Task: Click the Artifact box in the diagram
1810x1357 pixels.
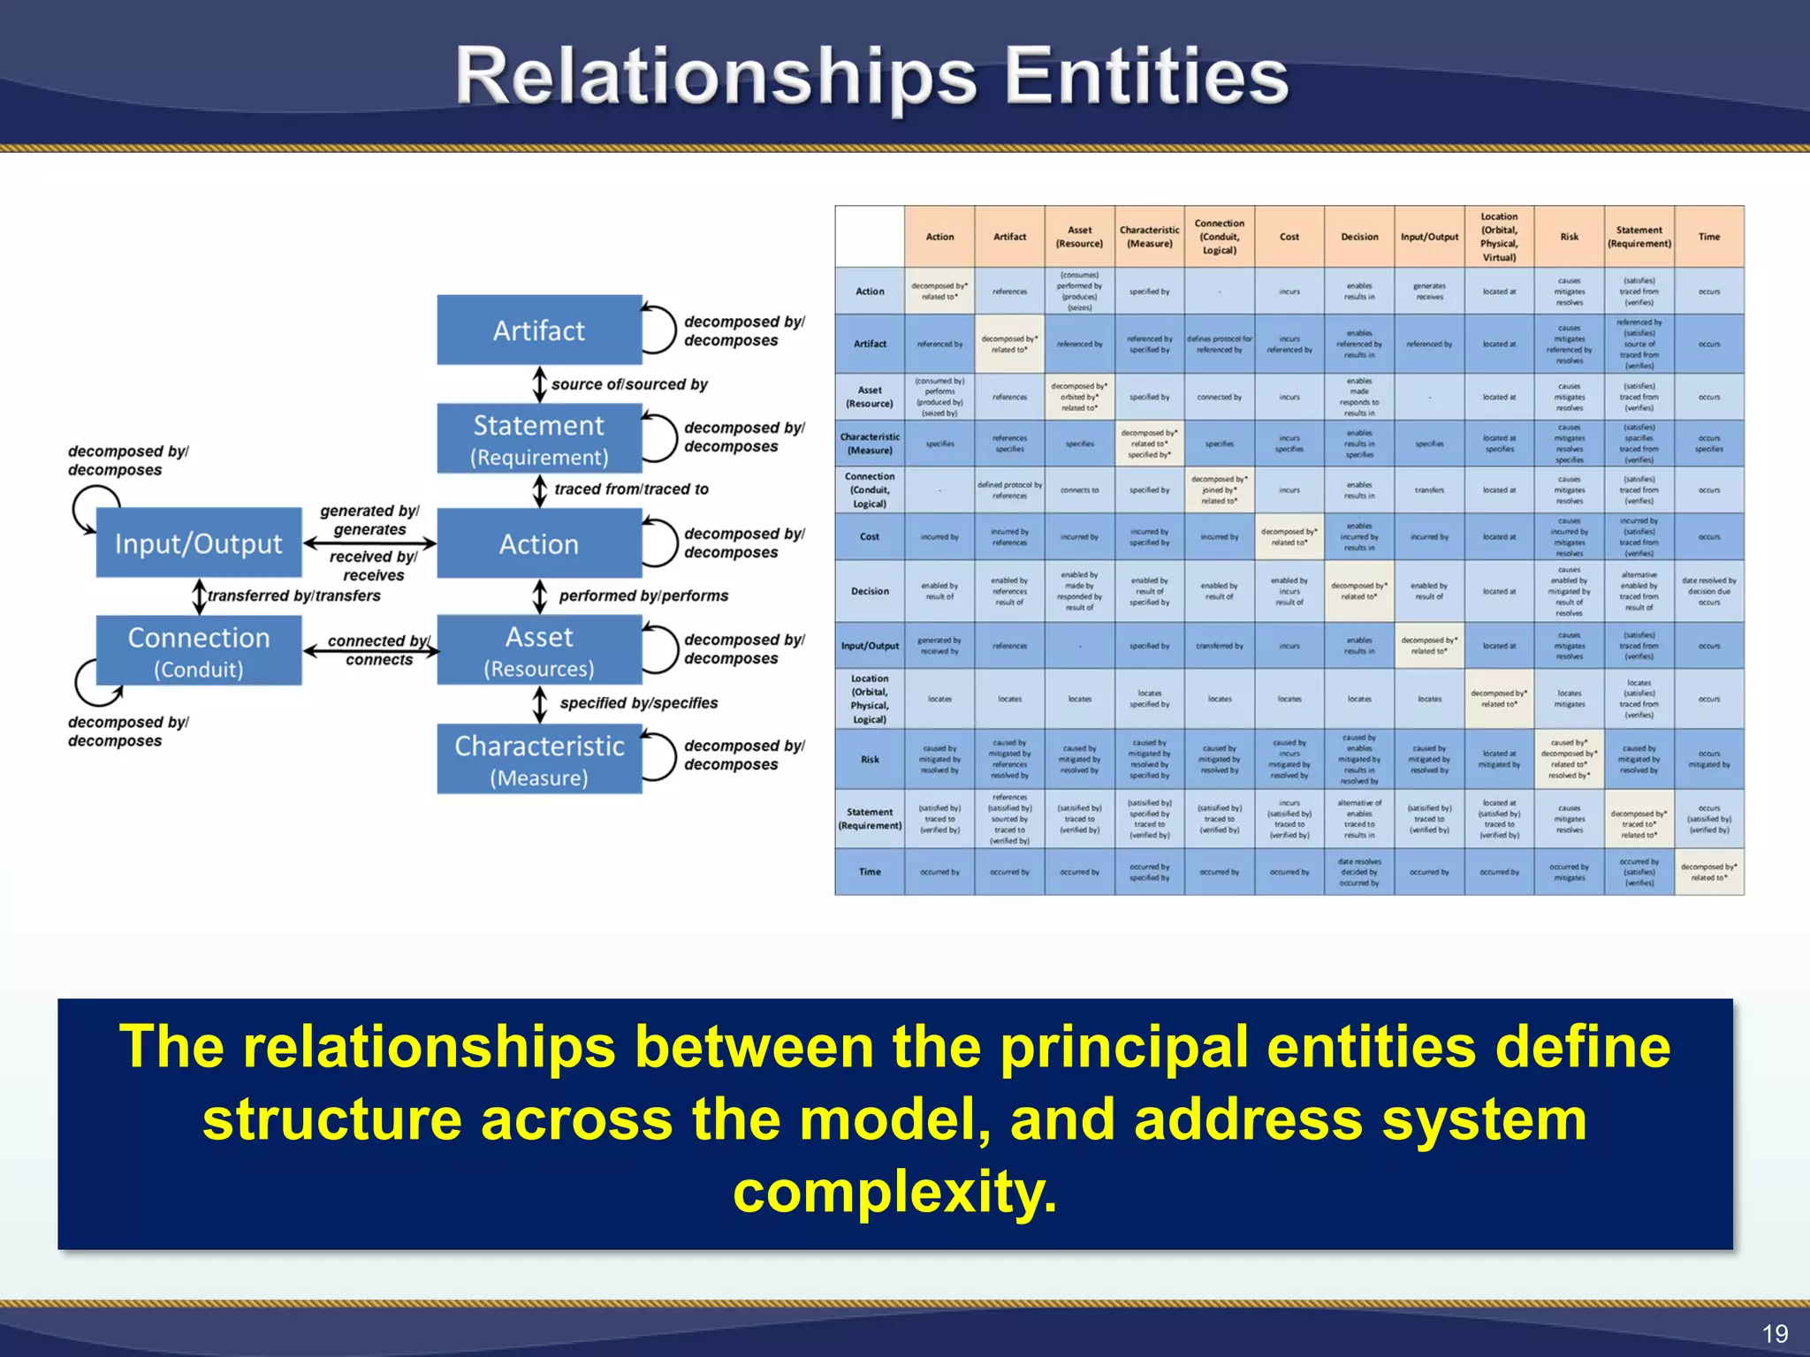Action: point(539,330)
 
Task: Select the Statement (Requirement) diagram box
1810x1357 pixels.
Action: point(539,439)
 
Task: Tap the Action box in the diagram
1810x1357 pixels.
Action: point(539,544)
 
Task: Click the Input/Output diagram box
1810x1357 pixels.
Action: point(199,543)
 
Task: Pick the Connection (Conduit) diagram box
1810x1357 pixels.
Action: point(199,651)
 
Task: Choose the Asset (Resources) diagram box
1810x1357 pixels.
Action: point(539,651)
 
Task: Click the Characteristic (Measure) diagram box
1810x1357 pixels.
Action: point(539,760)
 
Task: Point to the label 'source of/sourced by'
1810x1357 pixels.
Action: point(629,384)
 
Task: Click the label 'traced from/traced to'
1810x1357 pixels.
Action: point(631,489)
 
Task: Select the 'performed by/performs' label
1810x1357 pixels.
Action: point(643,596)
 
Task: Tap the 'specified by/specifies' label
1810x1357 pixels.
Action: point(638,703)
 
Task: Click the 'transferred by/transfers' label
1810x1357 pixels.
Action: point(294,596)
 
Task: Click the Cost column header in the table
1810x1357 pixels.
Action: point(1289,237)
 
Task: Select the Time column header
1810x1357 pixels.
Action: point(1709,237)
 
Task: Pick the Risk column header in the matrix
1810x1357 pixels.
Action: point(1570,237)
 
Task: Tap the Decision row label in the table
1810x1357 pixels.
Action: point(870,591)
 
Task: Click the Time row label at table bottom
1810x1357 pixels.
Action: point(870,872)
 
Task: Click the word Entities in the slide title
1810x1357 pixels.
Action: point(1146,78)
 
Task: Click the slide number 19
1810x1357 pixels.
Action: point(1775,1333)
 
